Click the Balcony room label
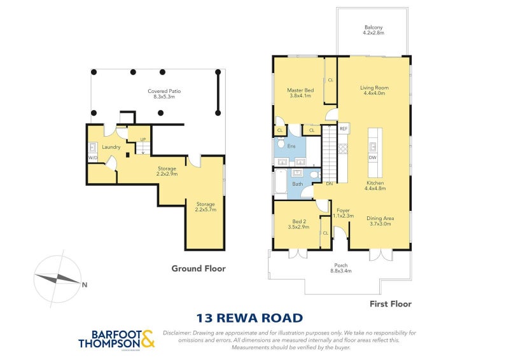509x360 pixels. click(373, 27)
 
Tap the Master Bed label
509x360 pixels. click(300, 90)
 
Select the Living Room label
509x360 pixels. click(374, 88)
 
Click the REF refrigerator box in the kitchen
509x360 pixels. click(344, 129)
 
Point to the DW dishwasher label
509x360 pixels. click(373, 157)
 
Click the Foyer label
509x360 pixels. click(343, 211)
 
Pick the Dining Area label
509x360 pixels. click(380, 218)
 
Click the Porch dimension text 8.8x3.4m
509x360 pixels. click(340, 271)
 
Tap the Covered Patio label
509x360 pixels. click(161, 91)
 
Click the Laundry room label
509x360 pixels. click(111, 148)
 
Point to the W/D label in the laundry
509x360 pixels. click(92, 157)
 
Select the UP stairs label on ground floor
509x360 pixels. click(143, 139)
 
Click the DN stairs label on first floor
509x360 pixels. click(329, 184)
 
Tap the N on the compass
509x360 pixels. click(85, 285)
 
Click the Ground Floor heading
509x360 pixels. click(199, 268)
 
